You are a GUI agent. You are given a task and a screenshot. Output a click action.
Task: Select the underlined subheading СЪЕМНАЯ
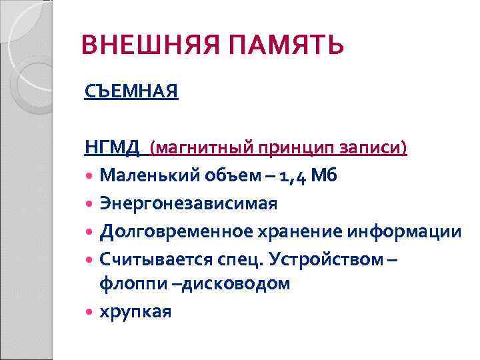point(131,91)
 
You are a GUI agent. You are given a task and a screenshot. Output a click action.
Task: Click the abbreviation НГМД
point(111,147)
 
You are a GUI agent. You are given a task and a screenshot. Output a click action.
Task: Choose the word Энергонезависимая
point(189,203)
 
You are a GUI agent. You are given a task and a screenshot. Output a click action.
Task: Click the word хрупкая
point(135,311)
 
